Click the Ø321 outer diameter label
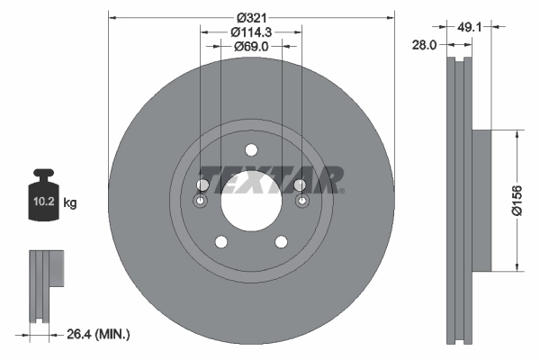pos(251,15)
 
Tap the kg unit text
pos(70,203)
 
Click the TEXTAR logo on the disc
pos(270,179)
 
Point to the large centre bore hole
pos(251,200)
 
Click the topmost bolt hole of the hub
pos(251,150)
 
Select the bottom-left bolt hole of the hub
pos(220,241)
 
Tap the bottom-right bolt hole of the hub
pos(282,241)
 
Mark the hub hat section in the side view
pos(481,200)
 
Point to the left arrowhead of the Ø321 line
pos(112,16)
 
